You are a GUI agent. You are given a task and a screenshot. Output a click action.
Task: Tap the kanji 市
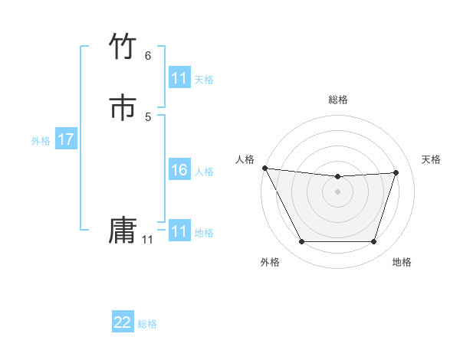[x=123, y=107]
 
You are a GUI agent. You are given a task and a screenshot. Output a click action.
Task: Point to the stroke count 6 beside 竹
[x=148, y=55]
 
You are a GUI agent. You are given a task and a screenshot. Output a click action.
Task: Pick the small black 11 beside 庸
[x=147, y=240]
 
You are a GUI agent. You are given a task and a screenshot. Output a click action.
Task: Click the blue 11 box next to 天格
[x=179, y=78]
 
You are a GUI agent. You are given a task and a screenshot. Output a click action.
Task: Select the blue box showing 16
[x=179, y=170]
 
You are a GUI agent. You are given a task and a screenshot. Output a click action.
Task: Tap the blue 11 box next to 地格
[x=179, y=231]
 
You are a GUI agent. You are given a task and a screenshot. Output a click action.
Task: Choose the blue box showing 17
[x=66, y=139]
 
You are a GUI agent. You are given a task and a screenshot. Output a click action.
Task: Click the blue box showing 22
[x=123, y=322]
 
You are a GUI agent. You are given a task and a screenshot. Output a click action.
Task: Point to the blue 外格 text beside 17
[x=41, y=140]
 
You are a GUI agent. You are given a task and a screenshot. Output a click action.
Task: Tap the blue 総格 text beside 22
[x=147, y=324]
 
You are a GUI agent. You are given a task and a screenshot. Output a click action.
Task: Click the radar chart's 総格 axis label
[x=338, y=100]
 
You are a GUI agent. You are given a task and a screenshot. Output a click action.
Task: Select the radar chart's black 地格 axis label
[x=402, y=262]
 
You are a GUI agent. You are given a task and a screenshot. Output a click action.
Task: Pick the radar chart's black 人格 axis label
[x=245, y=159]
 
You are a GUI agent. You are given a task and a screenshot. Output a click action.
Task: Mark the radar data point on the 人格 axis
[x=264, y=168]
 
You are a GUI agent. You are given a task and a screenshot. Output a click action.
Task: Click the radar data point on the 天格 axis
[x=396, y=172]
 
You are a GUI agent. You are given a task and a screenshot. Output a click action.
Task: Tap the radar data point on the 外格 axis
[x=301, y=242]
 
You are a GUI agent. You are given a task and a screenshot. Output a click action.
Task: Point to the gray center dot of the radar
[x=338, y=191]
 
